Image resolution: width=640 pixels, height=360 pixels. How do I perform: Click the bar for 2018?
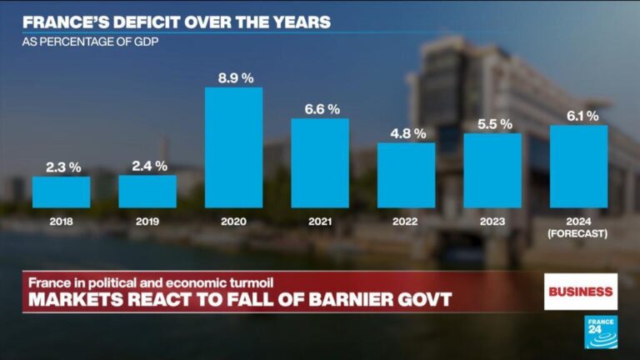(x=61, y=192)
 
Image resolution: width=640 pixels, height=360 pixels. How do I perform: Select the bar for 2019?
(x=147, y=191)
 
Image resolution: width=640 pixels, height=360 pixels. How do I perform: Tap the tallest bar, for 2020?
(x=233, y=147)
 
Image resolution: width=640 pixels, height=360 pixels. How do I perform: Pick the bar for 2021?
(x=320, y=162)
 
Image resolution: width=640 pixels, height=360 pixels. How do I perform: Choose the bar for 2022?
(x=406, y=175)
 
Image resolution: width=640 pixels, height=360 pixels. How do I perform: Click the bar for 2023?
(x=492, y=170)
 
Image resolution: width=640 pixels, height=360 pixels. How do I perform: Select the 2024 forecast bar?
(x=578, y=166)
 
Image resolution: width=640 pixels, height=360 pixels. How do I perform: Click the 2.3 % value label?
(x=61, y=167)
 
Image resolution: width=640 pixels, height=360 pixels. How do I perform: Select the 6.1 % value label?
(x=579, y=115)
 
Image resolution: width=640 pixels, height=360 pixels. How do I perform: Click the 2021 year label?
(x=320, y=222)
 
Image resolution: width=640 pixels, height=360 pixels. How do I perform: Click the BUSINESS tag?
(x=581, y=292)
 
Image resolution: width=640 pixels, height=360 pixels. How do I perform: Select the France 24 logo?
(x=601, y=332)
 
